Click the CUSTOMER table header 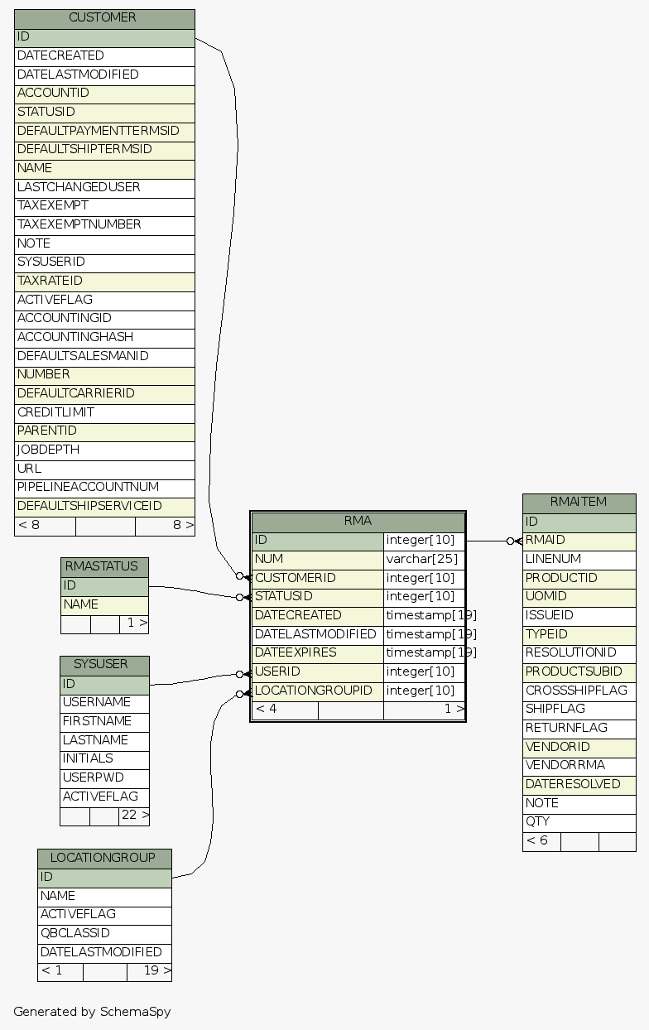coord(104,18)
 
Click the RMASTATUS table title coord(104,567)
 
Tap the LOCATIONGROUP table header coord(104,858)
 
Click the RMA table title coord(358,522)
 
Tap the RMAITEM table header coord(579,503)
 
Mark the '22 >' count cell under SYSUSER coord(134,816)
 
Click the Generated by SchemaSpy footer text coord(92,1012)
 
